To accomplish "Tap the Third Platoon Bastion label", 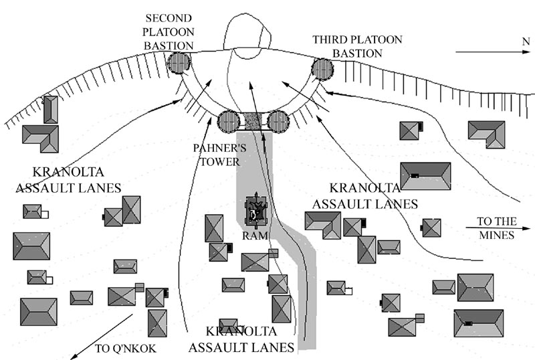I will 357,46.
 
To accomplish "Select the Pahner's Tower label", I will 218,153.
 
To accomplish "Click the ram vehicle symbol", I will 255,213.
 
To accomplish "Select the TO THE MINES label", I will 495,228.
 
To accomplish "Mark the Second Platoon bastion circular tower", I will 179,64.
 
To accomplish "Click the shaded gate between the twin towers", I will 253,121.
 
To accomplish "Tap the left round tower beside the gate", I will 229,122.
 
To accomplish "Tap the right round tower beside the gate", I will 277,121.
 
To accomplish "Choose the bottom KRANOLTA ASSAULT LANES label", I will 241,340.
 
